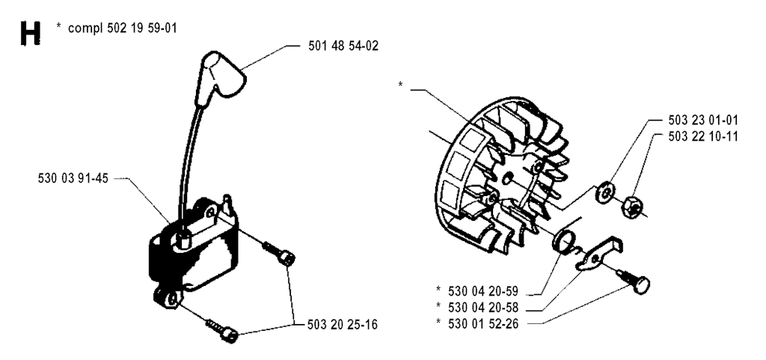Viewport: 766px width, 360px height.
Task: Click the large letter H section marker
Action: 30,33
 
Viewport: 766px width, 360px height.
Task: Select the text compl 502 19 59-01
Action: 122,28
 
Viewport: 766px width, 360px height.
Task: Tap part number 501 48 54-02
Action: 343,46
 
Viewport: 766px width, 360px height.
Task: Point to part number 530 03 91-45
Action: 73,179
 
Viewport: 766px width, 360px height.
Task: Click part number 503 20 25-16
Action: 343,324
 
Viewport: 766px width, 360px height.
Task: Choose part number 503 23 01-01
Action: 703,120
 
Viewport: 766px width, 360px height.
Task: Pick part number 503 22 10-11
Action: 703,136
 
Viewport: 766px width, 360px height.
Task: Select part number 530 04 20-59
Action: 483,292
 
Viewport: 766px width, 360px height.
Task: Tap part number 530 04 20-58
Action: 483,308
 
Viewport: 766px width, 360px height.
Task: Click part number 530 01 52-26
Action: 483,323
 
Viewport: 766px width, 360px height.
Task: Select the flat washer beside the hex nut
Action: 604,192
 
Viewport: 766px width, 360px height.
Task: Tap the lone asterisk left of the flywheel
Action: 401,85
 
